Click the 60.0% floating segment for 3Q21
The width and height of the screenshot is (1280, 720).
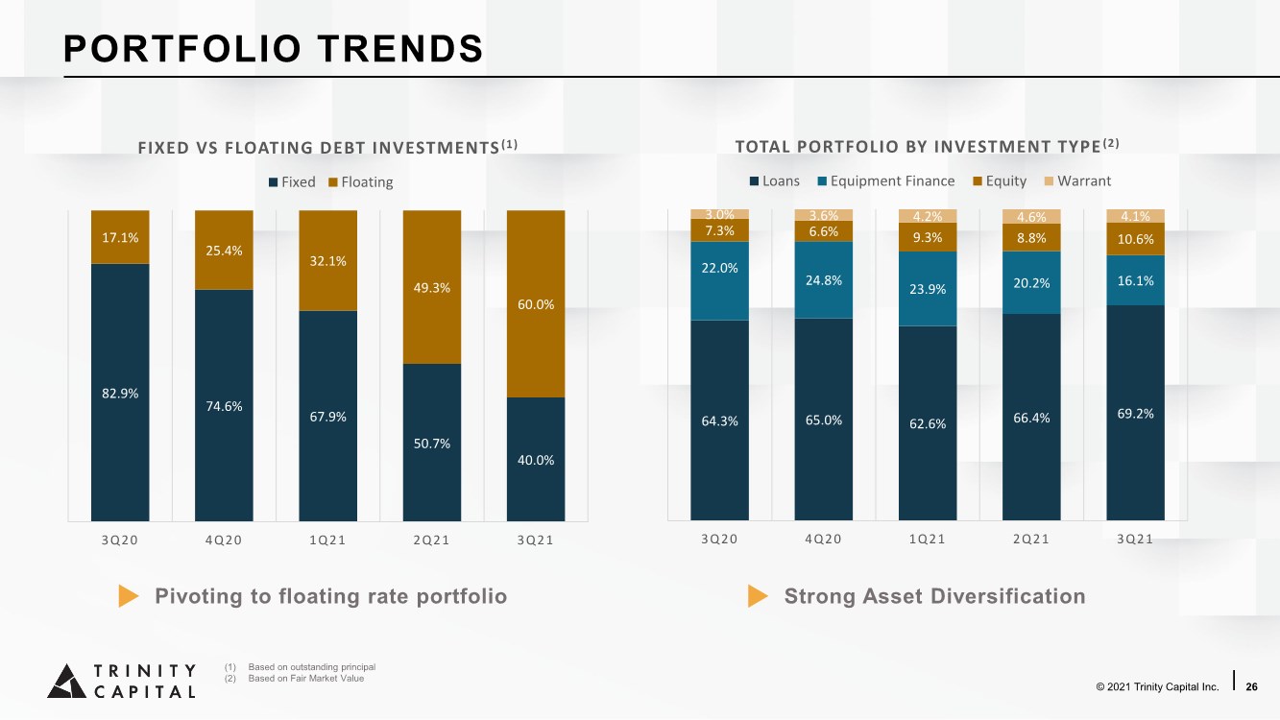536,303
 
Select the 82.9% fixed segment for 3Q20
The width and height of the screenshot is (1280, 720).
120,392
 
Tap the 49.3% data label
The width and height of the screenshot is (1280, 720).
432,288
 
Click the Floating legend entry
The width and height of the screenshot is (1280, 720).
361,182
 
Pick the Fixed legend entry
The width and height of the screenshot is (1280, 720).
292,182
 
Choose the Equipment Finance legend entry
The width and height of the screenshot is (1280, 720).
886,181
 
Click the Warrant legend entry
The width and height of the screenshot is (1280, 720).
1077,181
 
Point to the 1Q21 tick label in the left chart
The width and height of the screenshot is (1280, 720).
327,540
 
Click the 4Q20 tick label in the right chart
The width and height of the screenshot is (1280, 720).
824,539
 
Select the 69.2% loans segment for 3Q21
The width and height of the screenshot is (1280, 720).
1135,413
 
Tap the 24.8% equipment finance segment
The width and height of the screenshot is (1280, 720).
824,280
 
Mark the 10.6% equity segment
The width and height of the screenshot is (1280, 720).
1135,239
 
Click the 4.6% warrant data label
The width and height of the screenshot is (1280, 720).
1031,217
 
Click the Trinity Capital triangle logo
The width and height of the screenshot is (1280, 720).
67,682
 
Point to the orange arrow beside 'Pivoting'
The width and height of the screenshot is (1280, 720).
129,596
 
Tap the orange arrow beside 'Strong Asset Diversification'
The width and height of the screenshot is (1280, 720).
758,596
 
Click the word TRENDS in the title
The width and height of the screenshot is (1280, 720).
400,48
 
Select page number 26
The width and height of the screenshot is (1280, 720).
1251,686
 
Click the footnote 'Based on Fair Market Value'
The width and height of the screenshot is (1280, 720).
305,679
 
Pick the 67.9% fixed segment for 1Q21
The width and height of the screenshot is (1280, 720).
328,416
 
